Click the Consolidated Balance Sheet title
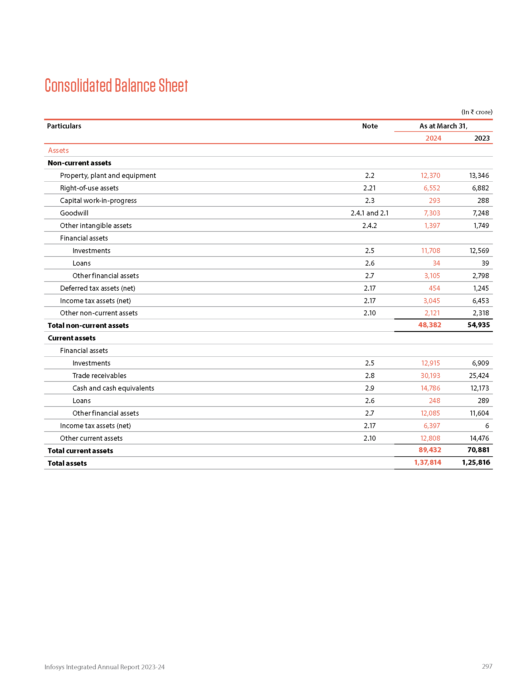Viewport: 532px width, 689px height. click(x=116, y=85)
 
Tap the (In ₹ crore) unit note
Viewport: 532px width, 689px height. click(x=477, y=112)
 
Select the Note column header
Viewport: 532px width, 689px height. click(x=370, y=126)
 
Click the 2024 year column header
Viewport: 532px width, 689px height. click(x=433, y=138)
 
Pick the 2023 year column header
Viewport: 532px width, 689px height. click(x=482, y=138)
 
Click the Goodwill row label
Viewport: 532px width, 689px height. click(x=74, y=213)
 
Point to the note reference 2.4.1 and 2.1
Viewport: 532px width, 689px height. click(x=369, y=213)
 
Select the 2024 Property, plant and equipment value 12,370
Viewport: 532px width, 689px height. click(x=430, y=175)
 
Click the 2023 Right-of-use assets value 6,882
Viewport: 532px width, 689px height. click(x=480, y=188)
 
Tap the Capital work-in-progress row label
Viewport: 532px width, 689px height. click(x=98, y=201)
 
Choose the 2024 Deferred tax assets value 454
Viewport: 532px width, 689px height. click(x=434, y=288)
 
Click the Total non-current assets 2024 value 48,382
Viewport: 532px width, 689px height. click(x=430, y=325)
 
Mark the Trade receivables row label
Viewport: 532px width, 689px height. click(x=99, y=376)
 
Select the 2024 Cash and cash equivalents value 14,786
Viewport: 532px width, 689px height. click(x=430, y=388)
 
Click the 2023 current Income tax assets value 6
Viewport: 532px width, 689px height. click(x=487, y=426)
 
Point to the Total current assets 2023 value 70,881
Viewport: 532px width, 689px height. click(x=478, y=450)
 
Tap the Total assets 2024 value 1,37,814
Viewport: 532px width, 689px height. click(x=427, y=463)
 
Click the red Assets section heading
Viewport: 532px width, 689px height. click(x=58, y=150)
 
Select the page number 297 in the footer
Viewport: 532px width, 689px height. click(x=487, y=666)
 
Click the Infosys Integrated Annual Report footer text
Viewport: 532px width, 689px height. click(x=104, y=667)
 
